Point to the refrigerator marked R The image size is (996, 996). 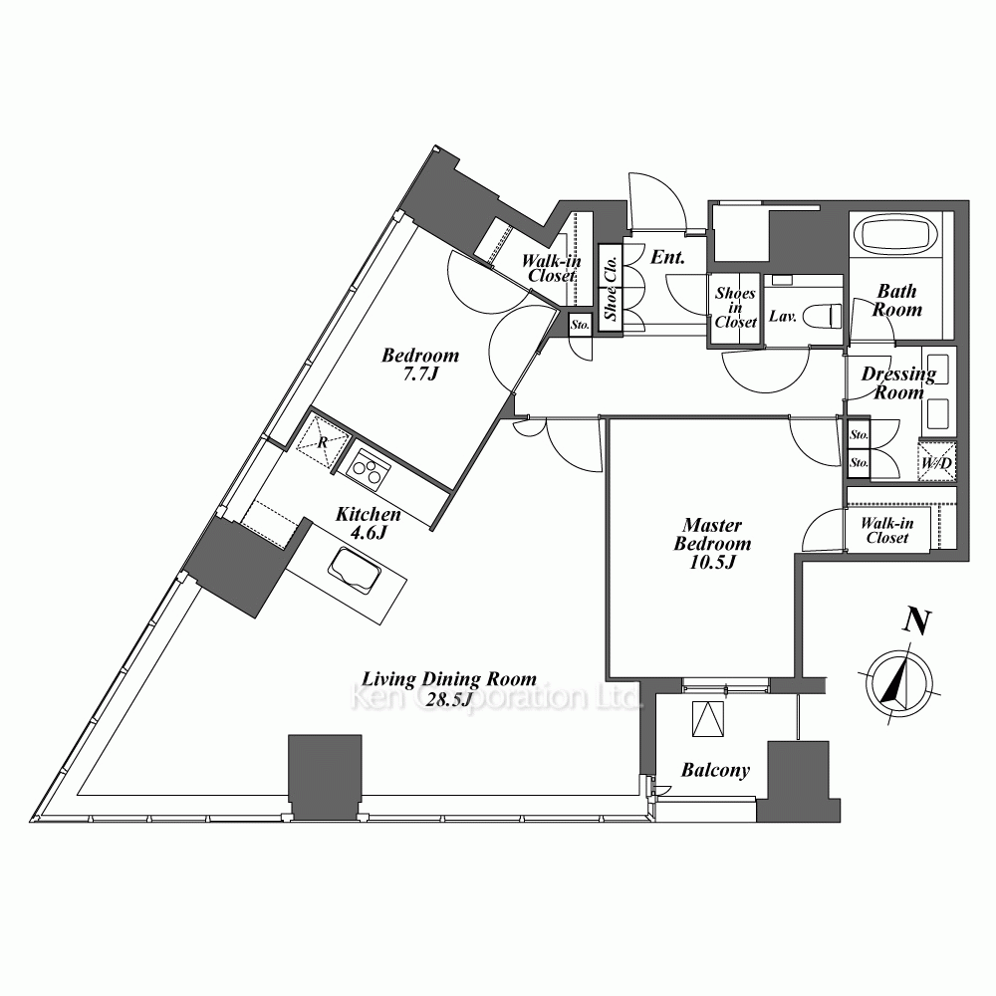click(324, 441)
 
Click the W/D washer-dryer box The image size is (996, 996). click(937, 462)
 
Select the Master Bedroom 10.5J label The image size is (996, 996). click(712, 544)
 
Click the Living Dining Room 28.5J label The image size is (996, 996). click(449, 688)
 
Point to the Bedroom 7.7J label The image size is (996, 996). click(420, 364)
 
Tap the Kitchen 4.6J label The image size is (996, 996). click(369, 523)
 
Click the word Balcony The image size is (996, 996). click(715, 771)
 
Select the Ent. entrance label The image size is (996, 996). click(667, 257)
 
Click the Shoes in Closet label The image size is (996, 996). click(736, 308)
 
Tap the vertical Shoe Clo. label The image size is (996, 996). click(612, 289)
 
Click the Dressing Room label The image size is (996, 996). click(898, 383)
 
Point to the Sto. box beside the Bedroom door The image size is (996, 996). click(580, 325)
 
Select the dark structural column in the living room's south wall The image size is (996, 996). click(326, 778)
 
